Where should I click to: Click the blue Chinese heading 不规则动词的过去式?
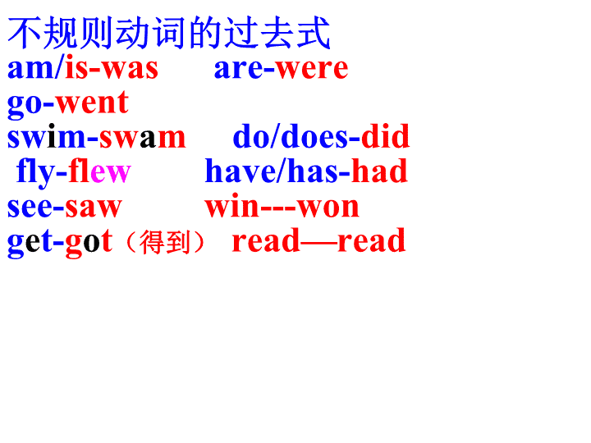tap(169, 33)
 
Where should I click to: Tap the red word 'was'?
tap(131, 69)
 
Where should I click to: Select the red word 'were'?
tap(312, 69)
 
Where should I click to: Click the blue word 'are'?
tap(238, 69)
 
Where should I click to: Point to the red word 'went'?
tap(92, 103)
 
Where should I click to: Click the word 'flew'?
tap(100, 171)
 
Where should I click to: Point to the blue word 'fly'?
tap(36, 172)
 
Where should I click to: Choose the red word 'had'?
tap(379, 171)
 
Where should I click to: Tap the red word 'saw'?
tap(94, 208)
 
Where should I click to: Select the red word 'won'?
tap(328, 208)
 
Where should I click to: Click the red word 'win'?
tap(232, 205)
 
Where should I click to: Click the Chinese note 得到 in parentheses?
tap(165, 242)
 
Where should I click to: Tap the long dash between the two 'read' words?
tap(318, 244)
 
